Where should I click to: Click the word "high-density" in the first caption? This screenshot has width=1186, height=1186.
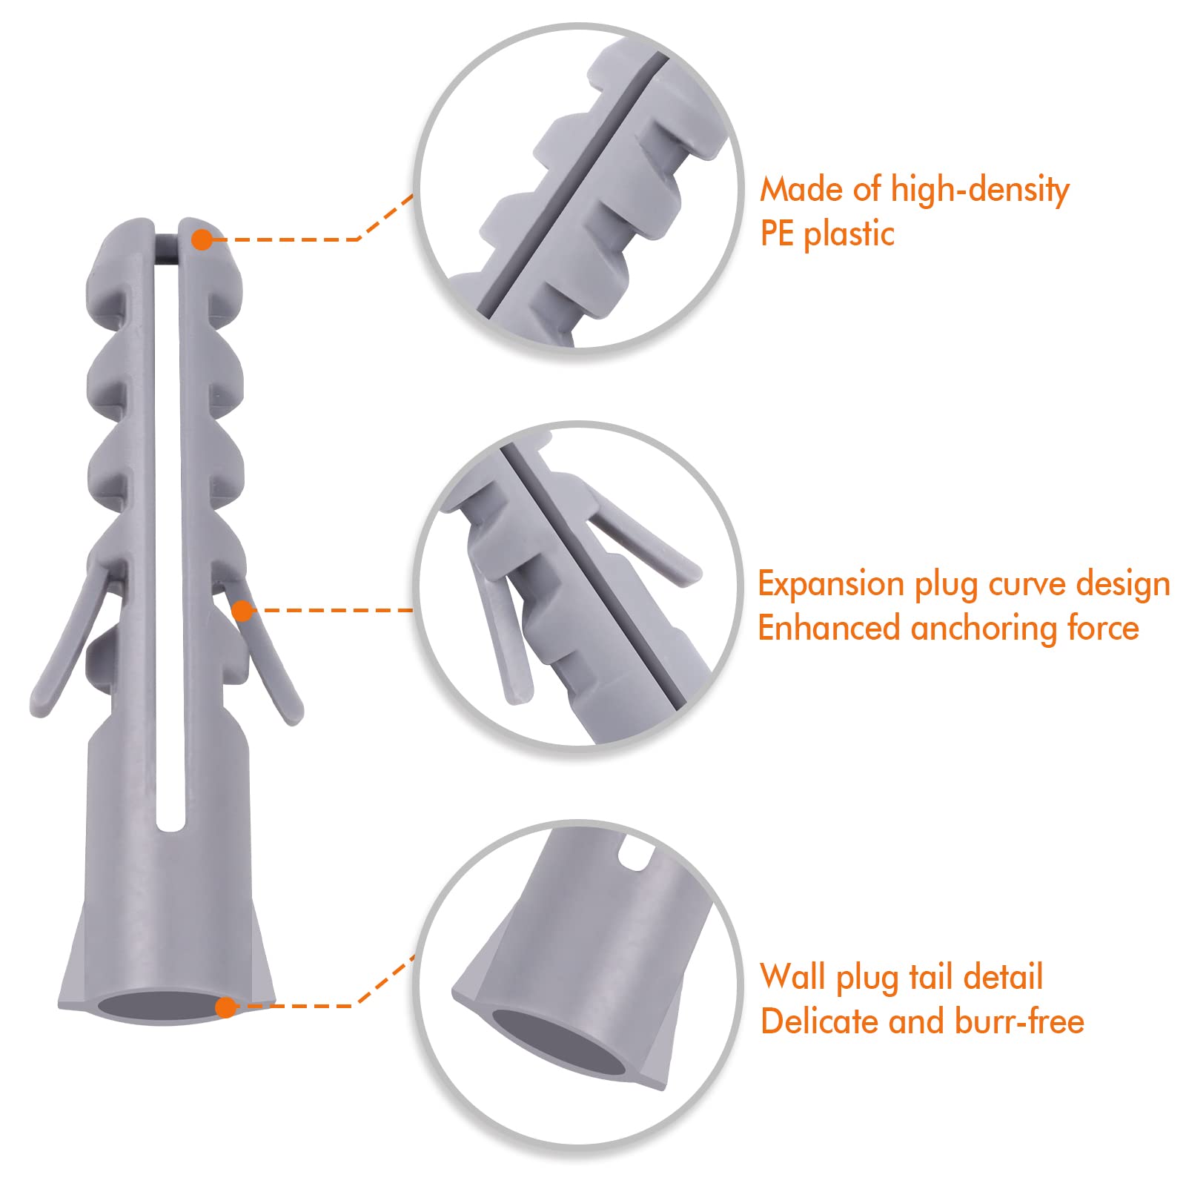click(979, 191)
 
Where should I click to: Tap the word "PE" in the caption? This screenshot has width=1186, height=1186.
click(778, 234)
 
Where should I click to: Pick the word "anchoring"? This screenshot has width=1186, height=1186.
click(984, 629)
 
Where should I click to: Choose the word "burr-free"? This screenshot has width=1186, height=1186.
click(1019, 1021)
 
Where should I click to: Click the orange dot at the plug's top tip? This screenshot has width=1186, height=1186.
click(202, 239)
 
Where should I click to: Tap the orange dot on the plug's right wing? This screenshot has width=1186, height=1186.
click(242, 611)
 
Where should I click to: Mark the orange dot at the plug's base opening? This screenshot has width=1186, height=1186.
click(226, 1007)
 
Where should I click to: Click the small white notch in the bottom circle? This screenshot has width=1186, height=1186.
click(632, 852)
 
